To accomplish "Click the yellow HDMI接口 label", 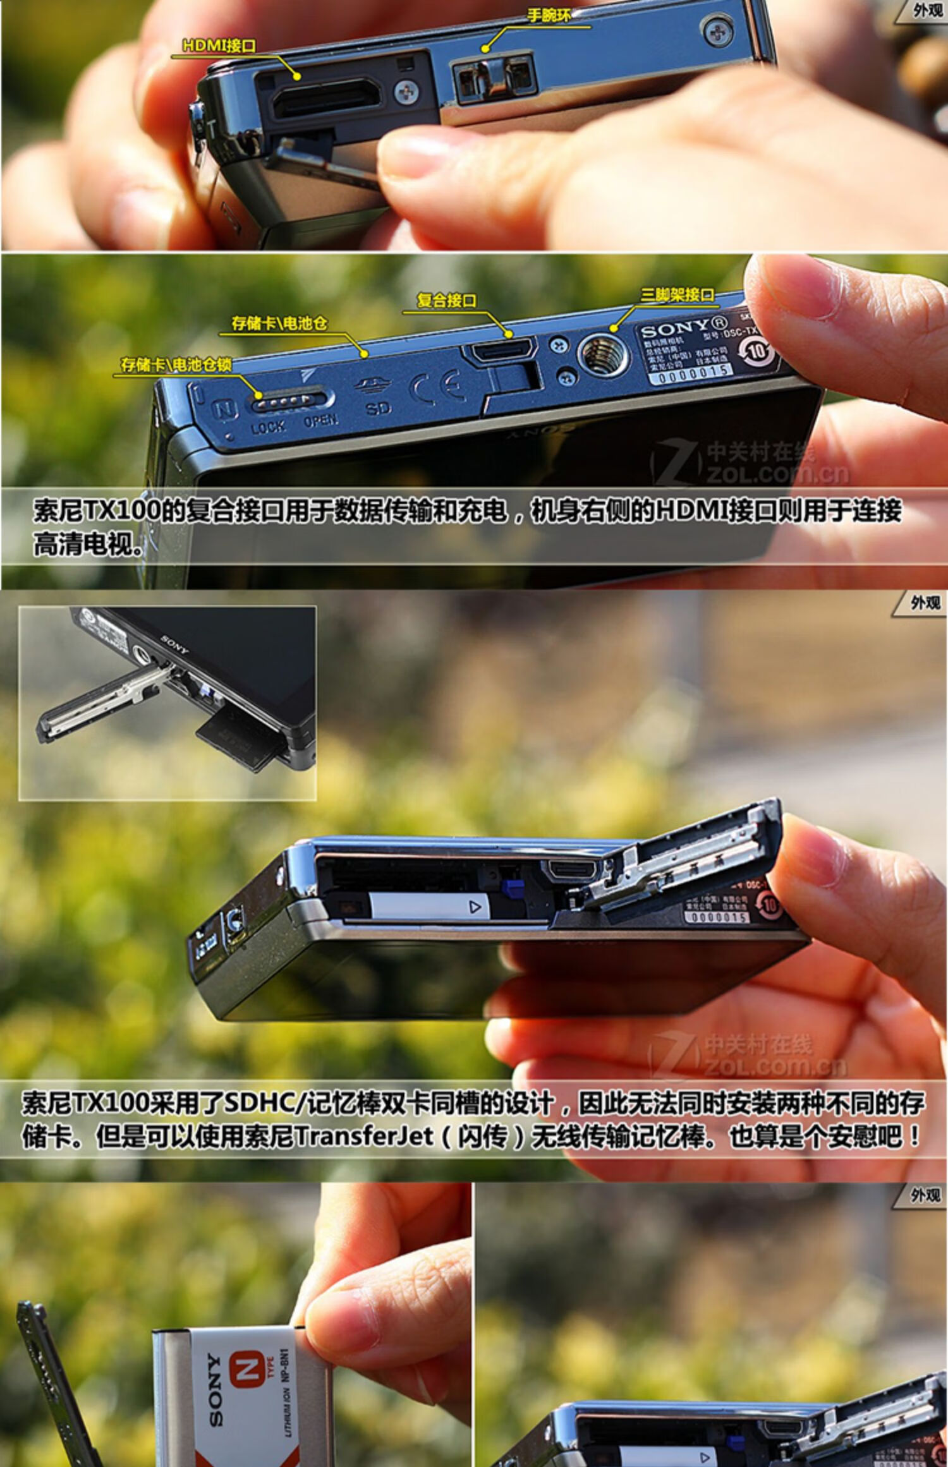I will point(219,45).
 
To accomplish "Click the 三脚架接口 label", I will point(677,294).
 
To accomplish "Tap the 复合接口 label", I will point(446,301).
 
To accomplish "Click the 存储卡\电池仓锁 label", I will point(176,365).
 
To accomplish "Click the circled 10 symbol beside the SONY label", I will point(757,349).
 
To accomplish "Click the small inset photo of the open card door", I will point(167,703).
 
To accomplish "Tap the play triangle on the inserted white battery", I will point(475,907).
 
